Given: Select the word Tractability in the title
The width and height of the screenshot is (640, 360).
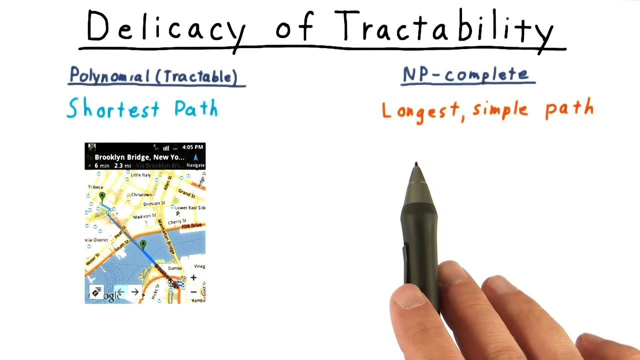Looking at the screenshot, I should tap(445, 27).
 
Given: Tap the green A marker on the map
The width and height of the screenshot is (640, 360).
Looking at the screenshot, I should tap(102, 196).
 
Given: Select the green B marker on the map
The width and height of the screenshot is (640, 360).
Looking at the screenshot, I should tap(143, 244).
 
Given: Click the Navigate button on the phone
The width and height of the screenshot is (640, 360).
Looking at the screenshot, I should tap(195, 161).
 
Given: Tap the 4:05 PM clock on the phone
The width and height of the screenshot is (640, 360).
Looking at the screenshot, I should tap(193, 147).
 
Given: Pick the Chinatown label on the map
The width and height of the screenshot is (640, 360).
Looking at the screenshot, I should tap(141, 194).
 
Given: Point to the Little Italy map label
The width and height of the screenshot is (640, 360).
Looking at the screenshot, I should tap(140, 175).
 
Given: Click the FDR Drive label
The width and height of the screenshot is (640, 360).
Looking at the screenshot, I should tap(192, 226).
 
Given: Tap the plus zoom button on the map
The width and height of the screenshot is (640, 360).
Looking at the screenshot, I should tap(193, 277).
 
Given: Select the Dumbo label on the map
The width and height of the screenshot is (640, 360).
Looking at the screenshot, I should tap(175, 268).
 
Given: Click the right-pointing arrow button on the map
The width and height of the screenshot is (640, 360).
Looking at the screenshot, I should tap(135, 292).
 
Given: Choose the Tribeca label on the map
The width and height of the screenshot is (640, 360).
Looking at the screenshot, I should tap(95, 187).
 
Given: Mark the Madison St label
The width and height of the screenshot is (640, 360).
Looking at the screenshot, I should tap(144, 216).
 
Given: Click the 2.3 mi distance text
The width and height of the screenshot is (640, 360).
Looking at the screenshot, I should tap(122, 165).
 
